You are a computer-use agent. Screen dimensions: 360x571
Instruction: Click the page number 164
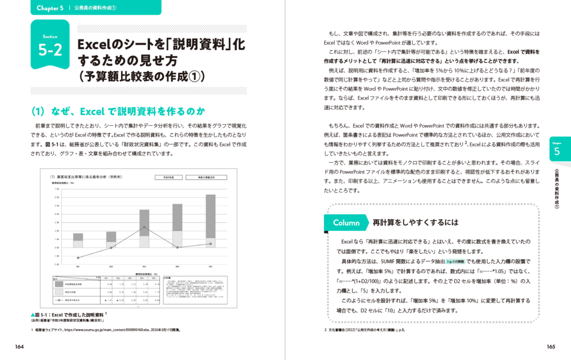pos(20,346)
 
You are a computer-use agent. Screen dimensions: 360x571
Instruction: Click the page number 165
pos(551,346)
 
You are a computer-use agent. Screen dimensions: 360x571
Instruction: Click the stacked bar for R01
pos(78,240)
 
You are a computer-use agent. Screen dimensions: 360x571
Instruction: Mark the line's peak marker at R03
pos(144,227)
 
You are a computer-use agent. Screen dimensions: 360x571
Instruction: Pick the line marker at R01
pos(78,258)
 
